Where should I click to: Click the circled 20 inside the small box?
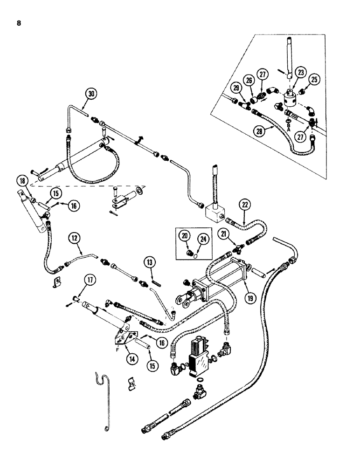185,236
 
